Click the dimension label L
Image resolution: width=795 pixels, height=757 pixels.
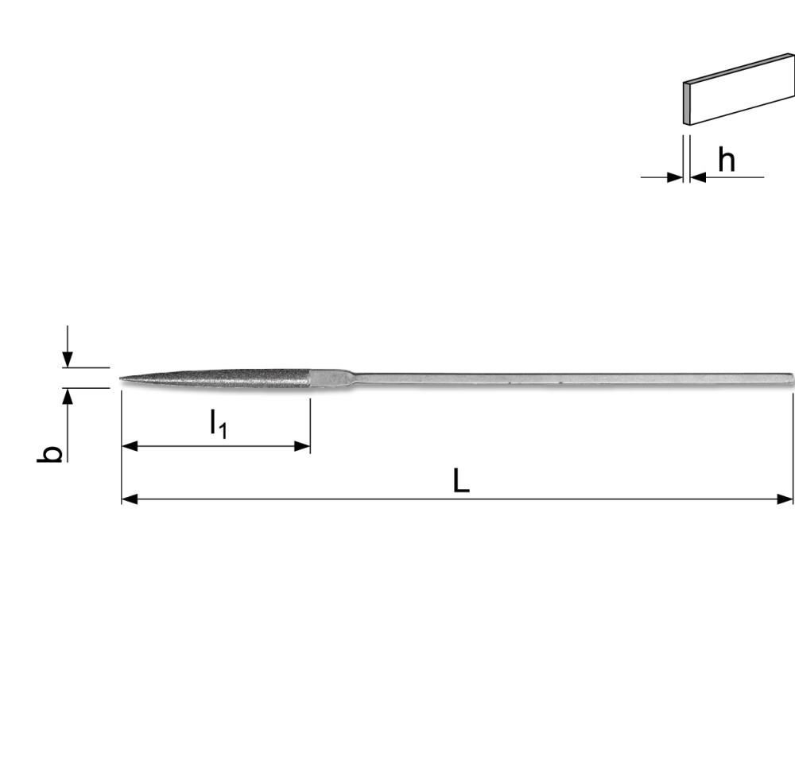(x=461, y=480)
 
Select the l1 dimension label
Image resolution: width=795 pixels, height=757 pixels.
(x=218, y=423)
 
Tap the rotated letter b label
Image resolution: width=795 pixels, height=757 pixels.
(x=52, y=454)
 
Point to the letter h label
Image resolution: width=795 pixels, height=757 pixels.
(x=726, y=160)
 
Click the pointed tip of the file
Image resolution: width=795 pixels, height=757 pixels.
(x=122, y=378)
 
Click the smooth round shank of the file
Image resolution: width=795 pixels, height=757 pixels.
(x=556, y=378)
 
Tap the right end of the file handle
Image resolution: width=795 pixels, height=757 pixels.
(x=790, y=378)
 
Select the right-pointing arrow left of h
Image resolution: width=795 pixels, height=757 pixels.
(x=675, y=177)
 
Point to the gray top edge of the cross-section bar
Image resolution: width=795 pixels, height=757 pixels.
(x=739, y=68)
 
